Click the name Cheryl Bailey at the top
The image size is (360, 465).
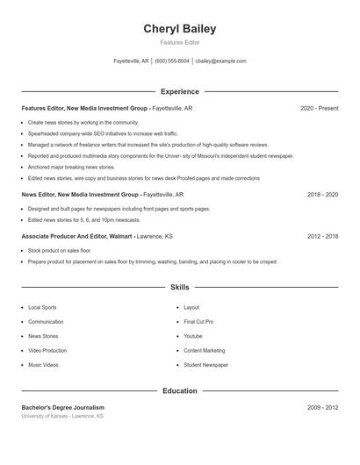click(x=179, y=29)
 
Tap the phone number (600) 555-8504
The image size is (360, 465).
click(x=172, y=61)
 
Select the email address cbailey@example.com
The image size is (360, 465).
click(x=220, y=61)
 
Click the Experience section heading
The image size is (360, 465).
click(x=180, y=91)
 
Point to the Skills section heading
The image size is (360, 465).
click(x=180, y=287)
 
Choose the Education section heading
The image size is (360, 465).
click(x=180, y=391)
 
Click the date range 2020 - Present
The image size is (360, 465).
click(x=319, y=109)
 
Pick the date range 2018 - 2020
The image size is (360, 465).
click(x=322, y=194)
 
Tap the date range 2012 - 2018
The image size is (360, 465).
click(x=322, y=236)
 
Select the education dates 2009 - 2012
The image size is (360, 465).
click(x=322, y=407)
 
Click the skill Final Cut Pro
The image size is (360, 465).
click(x=198, y=322)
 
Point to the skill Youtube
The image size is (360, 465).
click(x=193, y=336)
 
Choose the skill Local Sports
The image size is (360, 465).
click(x=42, y=308)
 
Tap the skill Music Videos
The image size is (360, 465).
click(x=44, y=365)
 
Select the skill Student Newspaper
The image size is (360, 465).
click(x=205, y=365)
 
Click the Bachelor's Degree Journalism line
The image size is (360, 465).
click(x=62, y=407)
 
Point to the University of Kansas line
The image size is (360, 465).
click(x=62, y=416)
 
